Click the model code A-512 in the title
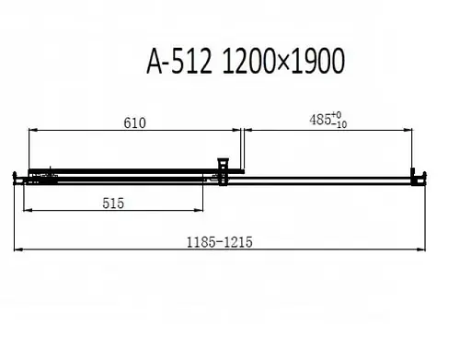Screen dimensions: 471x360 pyautogui.click(x=179, y=62)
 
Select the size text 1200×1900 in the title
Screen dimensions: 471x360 pyautogui.click(x=283, y=62)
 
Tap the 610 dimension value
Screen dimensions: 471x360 pyautogui.click(x=134, y=123)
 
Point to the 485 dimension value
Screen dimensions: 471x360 pyautogui.click(x=320, y=120)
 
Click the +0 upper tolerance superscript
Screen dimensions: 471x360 pyautogui.click(x=337, y=115)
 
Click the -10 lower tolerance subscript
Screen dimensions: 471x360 pyautogui.click(x=339, y=124)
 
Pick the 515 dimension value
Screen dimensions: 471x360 pyautogui.click(x=113, y=203)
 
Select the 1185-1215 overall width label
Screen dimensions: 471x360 pyautogui.click(x=220, y=242)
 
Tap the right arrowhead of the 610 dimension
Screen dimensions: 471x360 pyautogui.click(x=236, y=130)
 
